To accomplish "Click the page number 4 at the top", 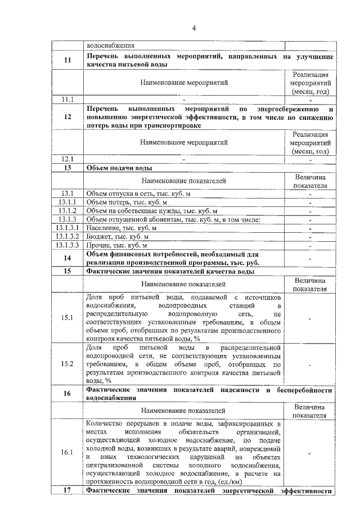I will (x=193, y=28).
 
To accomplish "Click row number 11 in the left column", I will (x=68, y=61).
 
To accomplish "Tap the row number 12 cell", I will (x=68, y=116).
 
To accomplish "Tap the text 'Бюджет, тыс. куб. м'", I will (x=117, y=236).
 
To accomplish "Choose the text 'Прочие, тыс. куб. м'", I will (x=116, y=245).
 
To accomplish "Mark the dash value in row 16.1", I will (x=310, y=452).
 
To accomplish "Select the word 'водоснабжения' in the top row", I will (x=110, y=46).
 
